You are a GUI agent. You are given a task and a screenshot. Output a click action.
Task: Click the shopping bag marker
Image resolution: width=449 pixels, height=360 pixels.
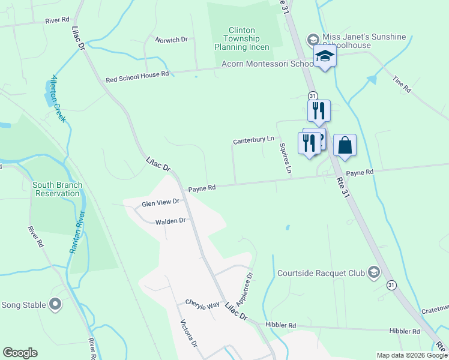coord(345,146)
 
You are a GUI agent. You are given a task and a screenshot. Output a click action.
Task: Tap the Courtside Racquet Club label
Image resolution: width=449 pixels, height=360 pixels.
coord(321,273)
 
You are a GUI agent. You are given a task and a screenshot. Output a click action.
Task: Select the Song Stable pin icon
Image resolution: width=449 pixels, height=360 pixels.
coord(56,305)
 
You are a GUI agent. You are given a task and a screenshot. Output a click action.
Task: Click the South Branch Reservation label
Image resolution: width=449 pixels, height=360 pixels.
coord(57,189)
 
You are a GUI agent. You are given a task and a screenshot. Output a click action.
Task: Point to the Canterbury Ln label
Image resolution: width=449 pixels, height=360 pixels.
coord(253,140)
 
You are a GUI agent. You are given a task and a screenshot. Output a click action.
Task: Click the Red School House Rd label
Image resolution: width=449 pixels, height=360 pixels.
coord(137,79)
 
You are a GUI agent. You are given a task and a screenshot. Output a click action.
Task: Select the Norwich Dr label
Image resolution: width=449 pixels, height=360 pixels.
coord(171,40)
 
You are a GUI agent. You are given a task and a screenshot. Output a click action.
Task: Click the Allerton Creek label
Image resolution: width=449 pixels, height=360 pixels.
coord(57,99)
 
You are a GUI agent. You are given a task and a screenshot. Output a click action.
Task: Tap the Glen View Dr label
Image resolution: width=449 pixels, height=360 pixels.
coord(160,203)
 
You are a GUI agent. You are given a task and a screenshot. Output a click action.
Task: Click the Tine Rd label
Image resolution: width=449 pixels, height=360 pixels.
coord(402,84)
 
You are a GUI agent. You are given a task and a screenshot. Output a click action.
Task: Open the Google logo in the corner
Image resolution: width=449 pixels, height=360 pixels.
coord(20,353)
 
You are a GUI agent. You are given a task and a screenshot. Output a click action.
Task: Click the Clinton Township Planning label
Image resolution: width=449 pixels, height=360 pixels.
coord(243,38)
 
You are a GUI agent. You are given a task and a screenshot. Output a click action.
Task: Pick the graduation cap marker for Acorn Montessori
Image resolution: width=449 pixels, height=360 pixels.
coord(325,57)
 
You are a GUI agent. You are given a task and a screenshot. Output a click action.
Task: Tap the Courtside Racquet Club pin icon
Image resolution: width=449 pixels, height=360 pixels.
coord(374,273)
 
